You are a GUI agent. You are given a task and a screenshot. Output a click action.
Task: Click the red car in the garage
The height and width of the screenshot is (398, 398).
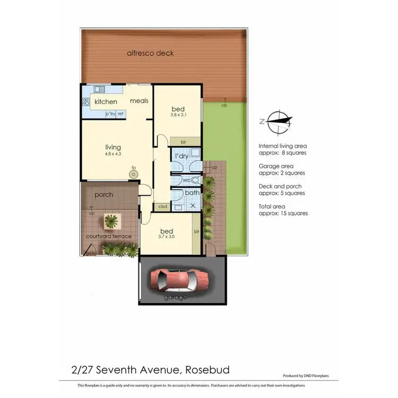tap(179, 280)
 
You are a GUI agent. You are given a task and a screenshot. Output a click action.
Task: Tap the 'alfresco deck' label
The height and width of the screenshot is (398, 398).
tap(150, 53)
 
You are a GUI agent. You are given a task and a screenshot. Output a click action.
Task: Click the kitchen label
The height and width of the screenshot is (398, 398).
tap(106, 101)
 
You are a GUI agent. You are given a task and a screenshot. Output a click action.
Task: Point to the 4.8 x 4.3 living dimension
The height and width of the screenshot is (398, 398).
tap(113, 154)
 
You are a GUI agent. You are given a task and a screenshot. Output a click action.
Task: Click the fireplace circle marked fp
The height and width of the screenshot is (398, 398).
tap(134, 173)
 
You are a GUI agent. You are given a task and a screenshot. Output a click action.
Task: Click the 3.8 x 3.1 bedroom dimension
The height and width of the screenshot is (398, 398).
tap(178, 114)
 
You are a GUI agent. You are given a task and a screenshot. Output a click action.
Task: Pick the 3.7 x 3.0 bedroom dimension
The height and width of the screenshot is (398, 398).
tap(166, 238)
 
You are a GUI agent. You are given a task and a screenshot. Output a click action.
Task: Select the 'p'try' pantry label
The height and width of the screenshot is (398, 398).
tap(110, 114)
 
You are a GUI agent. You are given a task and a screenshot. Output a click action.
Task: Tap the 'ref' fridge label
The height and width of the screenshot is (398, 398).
tap(120, 114)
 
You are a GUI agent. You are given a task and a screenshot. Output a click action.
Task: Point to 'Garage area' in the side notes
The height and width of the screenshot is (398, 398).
tap(274, 166)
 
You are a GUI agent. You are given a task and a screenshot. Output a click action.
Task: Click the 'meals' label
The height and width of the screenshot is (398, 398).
tap(139, 101)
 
